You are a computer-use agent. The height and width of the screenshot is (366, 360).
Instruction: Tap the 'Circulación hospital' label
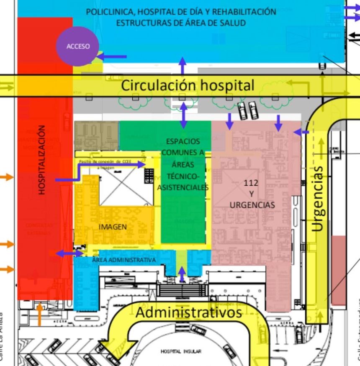click(x=188, y=85)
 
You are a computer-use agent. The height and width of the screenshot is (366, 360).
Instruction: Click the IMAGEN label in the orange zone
click(x=113, y=227)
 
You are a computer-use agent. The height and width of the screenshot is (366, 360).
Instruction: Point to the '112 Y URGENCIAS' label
click(x=252, y=194)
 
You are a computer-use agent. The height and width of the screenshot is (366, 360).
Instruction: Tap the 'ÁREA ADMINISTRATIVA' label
click(x=124, y=260)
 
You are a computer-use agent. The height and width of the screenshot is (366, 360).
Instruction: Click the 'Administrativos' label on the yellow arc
click(x=189, y=312)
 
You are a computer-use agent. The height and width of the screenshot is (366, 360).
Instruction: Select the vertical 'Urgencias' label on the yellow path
click(x=318, y=198)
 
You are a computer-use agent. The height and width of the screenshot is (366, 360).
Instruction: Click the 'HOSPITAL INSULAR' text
click(x=181, y=351)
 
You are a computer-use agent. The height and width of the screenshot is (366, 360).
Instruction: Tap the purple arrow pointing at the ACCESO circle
click(x=112, y=56)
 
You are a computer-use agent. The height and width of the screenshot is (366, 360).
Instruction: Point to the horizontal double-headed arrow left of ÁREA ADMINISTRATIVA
click(x=69, y=253)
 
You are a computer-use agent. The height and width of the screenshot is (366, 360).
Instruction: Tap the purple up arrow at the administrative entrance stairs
click(x=181, y=274)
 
